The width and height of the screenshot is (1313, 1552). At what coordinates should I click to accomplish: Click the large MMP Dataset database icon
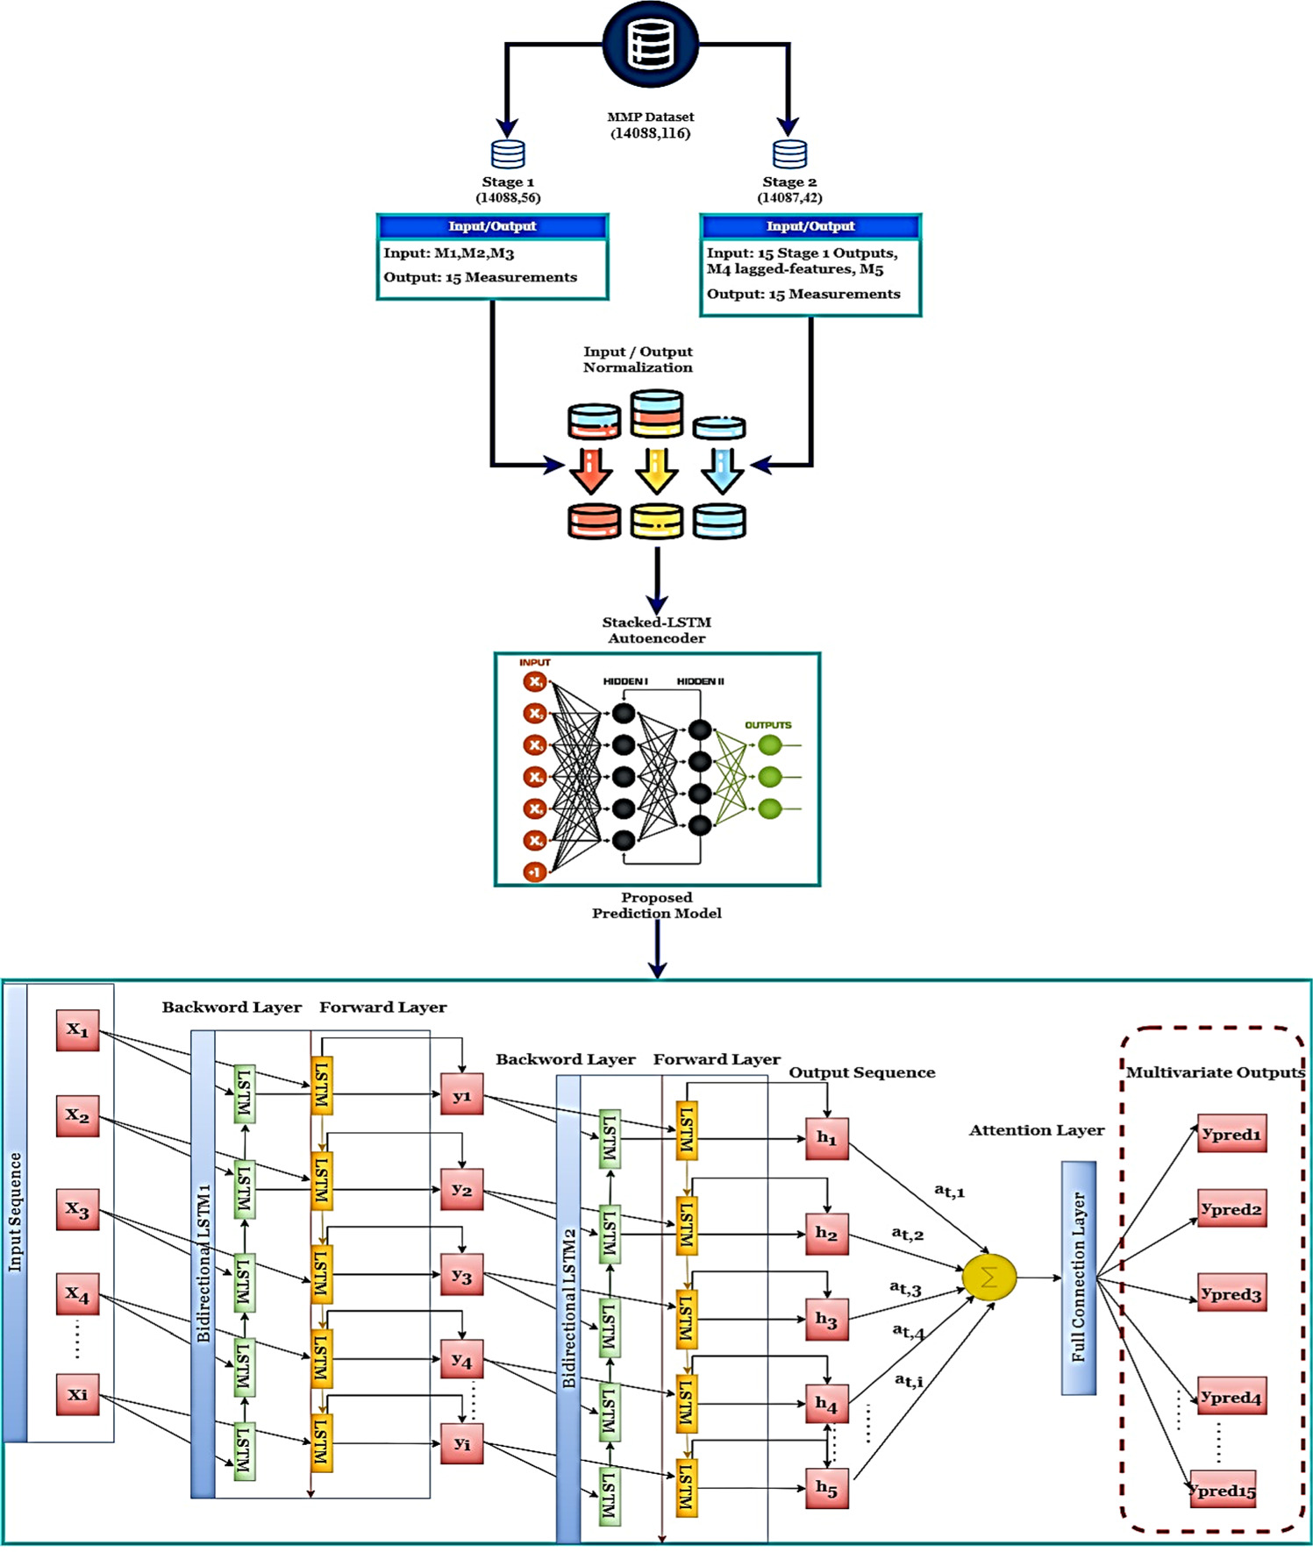point(650,44)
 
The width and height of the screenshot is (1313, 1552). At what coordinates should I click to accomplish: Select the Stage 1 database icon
point(508,153)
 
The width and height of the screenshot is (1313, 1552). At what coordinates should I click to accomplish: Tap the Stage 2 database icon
point(789,153)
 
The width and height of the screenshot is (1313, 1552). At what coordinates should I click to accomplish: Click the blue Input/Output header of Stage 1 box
point(492,226)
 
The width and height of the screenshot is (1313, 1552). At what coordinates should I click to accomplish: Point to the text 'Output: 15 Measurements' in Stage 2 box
point(803,294)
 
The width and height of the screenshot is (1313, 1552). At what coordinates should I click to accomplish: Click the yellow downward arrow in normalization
point(656,471)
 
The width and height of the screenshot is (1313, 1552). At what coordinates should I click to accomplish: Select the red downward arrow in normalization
point(591,471)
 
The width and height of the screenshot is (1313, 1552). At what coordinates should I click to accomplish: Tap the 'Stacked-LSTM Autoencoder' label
point(656,630)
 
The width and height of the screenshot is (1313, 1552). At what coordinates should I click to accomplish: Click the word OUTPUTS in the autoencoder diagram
point(768,725)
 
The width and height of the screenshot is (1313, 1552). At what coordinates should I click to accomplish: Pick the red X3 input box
point(77,1210)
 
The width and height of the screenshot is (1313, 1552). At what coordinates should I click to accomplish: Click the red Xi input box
point(77,1394)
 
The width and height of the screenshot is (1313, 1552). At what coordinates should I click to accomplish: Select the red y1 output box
point(461,1094)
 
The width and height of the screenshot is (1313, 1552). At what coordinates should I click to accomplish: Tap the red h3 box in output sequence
point(826,1319)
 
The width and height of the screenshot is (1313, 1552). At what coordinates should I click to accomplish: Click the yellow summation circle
point(989,1278)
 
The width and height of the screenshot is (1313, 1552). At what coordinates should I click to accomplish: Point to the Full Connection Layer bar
point(1079,1278)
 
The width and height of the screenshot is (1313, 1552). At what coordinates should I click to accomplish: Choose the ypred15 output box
point(1223,1490)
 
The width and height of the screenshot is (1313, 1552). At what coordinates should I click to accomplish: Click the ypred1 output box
point(1231,1134)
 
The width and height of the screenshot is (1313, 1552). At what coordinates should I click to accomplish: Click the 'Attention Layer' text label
point(1036,1130)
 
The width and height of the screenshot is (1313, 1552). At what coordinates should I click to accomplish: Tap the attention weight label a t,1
point(949,1191)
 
